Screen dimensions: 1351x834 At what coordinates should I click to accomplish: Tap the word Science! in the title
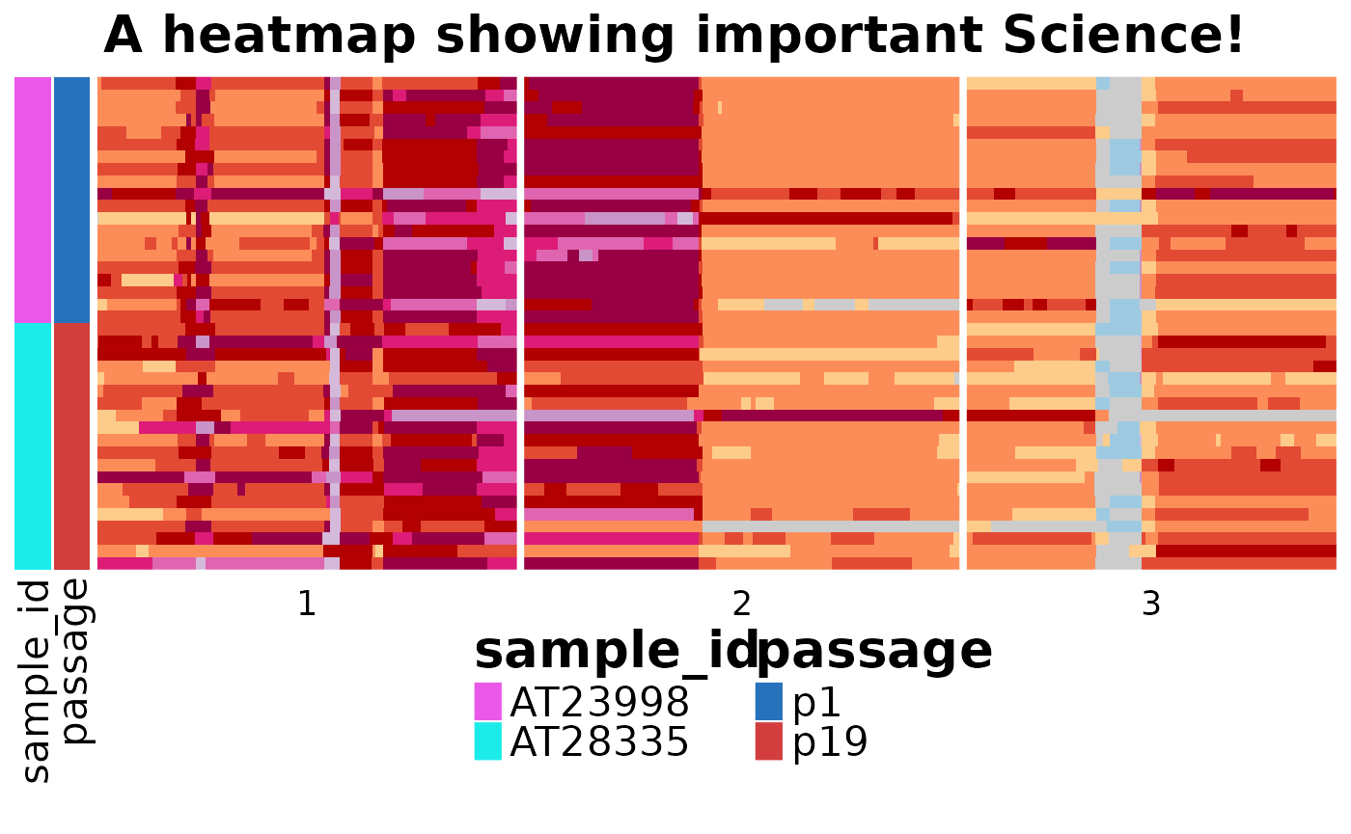tap(1123, 35)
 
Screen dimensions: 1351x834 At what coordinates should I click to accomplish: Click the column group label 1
tap(307, 604)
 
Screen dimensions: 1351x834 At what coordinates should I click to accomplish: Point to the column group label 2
tap(741, 604)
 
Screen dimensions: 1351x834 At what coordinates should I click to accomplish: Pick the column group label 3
tap(1151, 604)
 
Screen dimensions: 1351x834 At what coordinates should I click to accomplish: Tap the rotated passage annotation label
tap(75, 661)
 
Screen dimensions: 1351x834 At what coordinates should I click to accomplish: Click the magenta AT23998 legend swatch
tap(488, 702)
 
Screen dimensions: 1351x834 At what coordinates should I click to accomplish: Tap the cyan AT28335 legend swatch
tap(488, 741)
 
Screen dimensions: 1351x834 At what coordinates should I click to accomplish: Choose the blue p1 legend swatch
tap(769, 702)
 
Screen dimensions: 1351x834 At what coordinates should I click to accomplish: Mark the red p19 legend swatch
tap(769, 741)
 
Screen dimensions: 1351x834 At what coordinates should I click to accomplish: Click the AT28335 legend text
tap(599, 741)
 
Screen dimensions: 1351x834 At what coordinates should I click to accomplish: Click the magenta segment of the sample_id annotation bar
tap(33, 201)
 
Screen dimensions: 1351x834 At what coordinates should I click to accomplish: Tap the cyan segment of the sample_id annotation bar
tap(33, 445)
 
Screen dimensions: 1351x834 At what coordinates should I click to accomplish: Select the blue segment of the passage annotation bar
tap(71, 201)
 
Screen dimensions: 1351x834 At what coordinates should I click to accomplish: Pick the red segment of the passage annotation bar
tap(71, 445)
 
